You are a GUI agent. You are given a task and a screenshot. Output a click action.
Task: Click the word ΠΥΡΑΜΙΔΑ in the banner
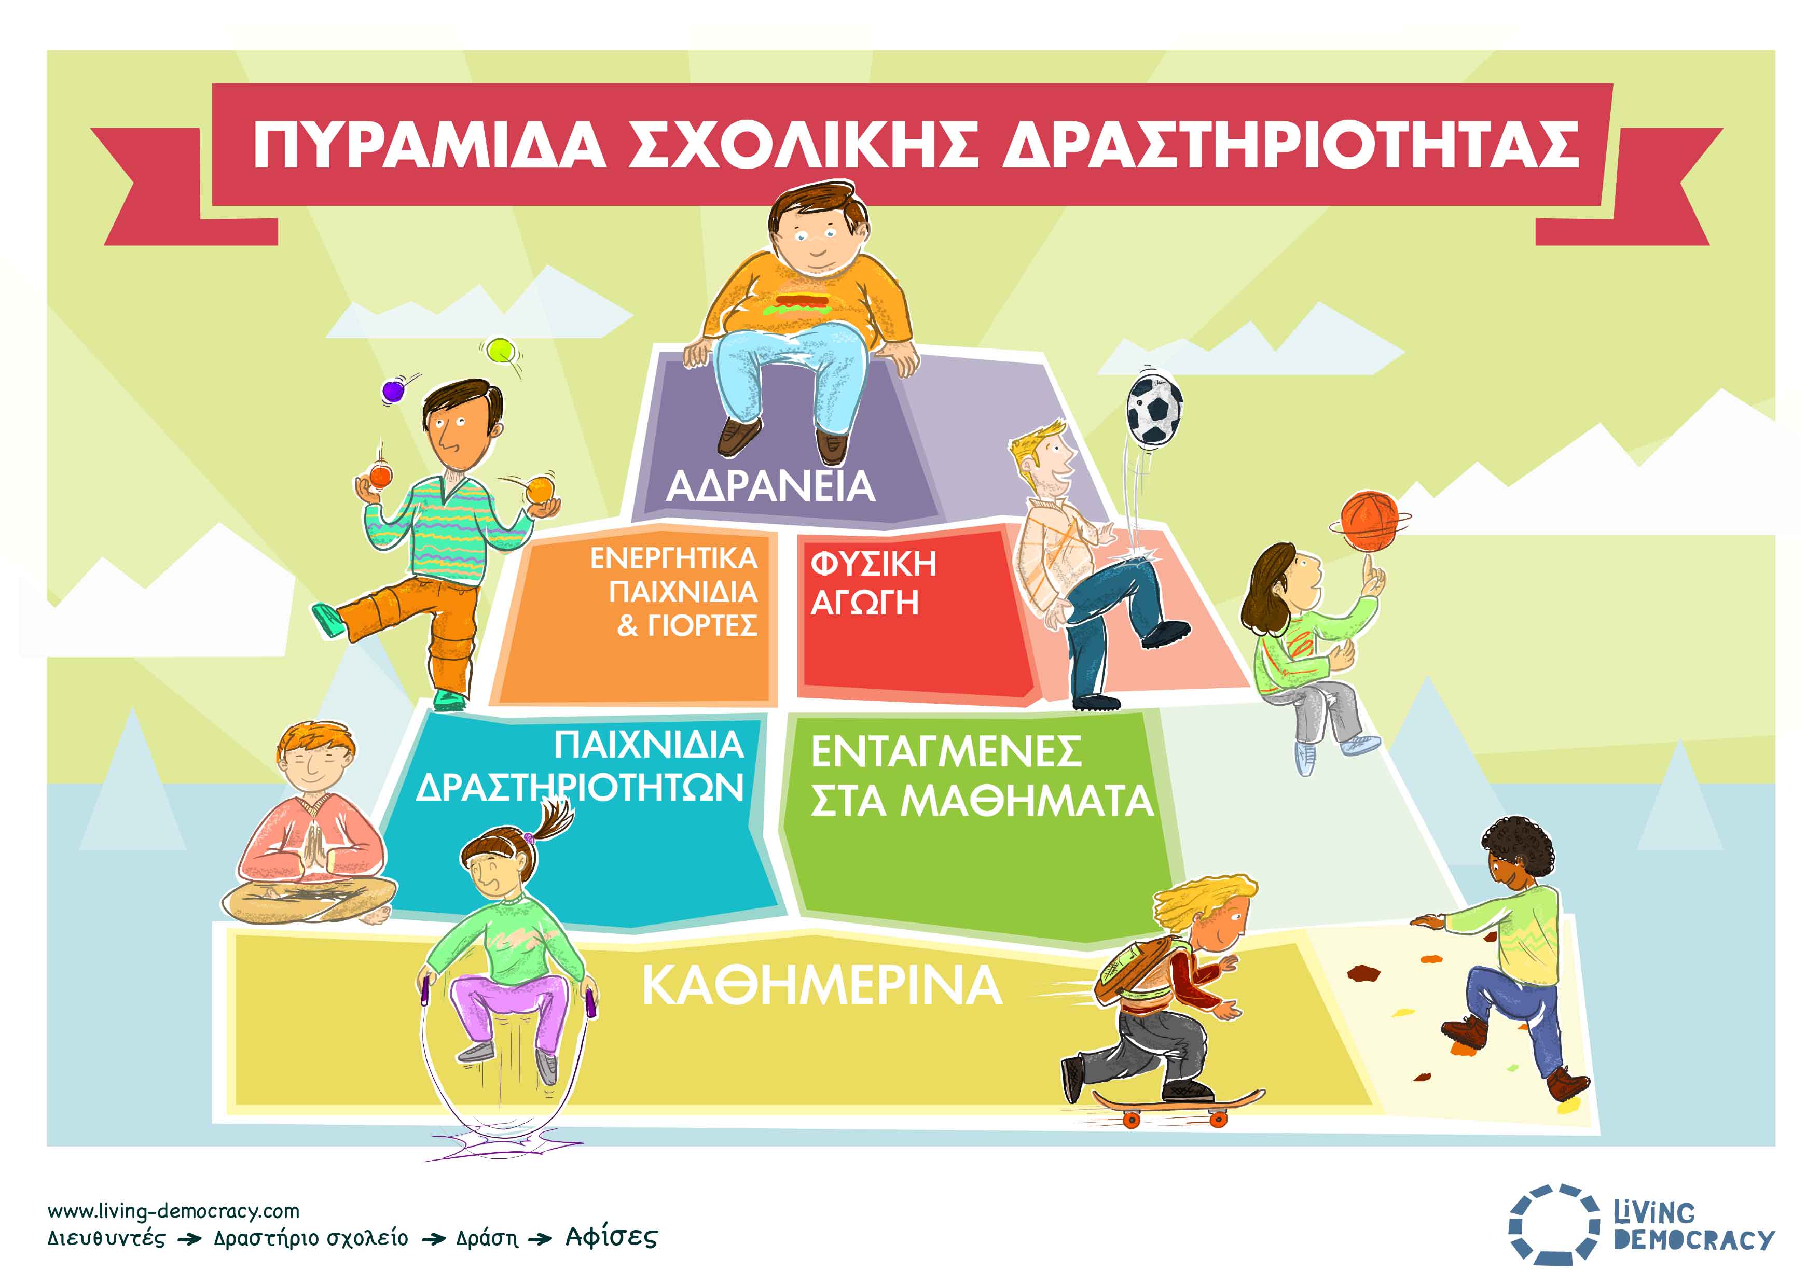tap(430, 145)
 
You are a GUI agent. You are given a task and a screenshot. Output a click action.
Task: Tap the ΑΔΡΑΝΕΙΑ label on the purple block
tap(770, 486)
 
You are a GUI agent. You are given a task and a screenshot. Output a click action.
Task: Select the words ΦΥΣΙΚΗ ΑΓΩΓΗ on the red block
tap(873, 583)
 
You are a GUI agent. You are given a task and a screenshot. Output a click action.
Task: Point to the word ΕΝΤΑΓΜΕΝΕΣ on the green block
tap(946, 751)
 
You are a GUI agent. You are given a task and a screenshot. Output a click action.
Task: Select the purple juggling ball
tap(393, 390)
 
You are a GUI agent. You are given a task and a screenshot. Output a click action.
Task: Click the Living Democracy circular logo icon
tap(1554, 1235)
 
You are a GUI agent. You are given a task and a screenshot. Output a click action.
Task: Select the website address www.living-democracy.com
tap(174, 1211)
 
